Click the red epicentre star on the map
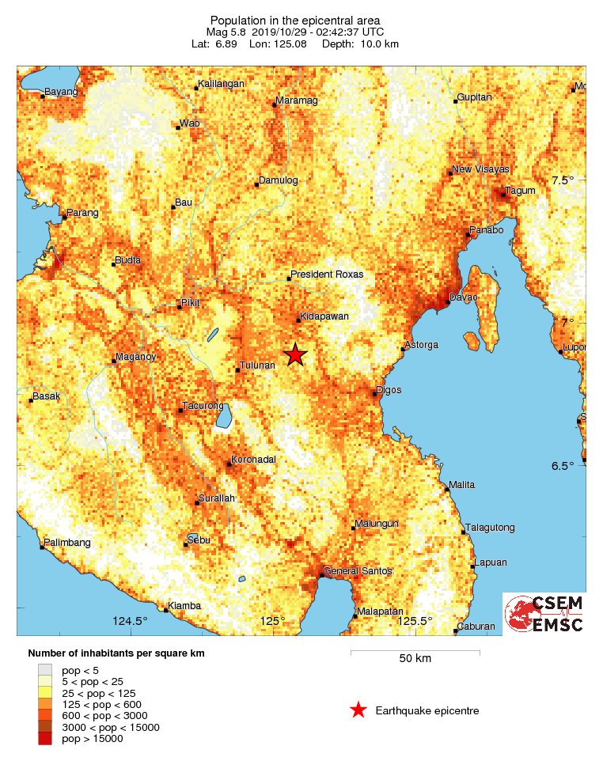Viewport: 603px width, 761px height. coord(294,354)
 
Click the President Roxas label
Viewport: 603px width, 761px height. coord(327,274)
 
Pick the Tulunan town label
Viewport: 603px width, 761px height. coord(257,365)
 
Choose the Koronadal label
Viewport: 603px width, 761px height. coord(253,460)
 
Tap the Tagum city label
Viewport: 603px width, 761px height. coord(521,191)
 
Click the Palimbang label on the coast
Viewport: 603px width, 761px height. coord(68,543)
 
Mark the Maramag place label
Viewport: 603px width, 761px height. coord(296,101)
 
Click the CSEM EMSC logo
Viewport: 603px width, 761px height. coord(544,613)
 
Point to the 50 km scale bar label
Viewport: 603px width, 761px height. coord(415,659)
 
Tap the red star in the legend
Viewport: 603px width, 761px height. coord(358,710)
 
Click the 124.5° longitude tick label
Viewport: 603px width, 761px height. coord(131,621)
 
